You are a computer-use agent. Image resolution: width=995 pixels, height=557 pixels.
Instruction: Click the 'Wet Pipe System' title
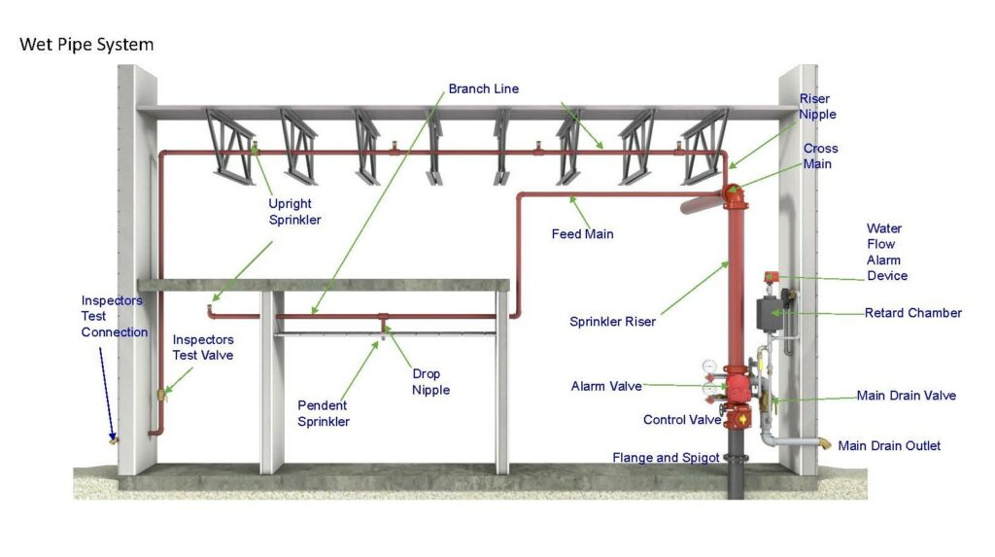point(86,45)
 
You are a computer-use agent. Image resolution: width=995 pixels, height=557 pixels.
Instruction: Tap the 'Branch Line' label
point(483,88)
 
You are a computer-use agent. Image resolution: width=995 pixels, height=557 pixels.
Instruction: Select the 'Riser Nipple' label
point(817,106)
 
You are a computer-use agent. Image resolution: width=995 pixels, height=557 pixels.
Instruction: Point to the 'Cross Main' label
point(820,157)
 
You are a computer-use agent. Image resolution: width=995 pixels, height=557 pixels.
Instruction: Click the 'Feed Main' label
point(582,234)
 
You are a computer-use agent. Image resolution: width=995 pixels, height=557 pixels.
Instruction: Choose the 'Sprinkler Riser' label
point(612,321)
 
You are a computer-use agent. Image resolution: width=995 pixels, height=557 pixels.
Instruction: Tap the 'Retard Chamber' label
point(912,313)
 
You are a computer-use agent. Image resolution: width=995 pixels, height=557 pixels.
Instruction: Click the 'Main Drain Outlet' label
point(888,445)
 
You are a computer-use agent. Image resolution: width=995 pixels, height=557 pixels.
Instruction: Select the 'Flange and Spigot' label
point(666,457)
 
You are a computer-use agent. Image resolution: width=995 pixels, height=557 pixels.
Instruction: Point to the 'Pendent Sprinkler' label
point(323,413)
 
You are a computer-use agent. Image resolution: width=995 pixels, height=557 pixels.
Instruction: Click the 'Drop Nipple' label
point(426,382)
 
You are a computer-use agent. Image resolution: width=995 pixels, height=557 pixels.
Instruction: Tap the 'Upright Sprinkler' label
point(294,212)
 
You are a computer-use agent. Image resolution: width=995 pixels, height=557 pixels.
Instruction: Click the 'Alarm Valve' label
point(606,386)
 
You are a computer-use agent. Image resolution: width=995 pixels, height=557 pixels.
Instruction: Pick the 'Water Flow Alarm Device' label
point(886,252)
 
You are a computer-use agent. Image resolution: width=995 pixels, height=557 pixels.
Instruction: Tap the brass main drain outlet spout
point(825,444)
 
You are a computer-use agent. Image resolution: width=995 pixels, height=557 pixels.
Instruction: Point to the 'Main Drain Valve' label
point(906,396)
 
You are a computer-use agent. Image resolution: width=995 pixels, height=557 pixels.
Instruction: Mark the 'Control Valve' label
point(682,420)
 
